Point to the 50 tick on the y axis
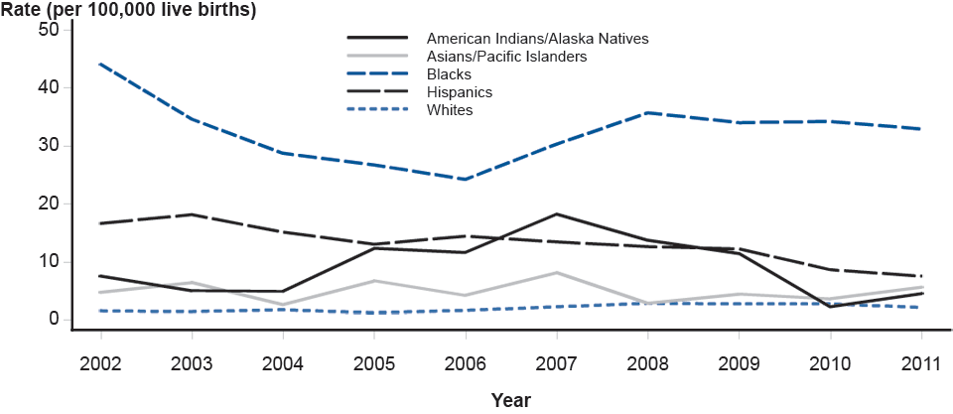[x=48, y=30]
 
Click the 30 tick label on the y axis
[x=48, y=146]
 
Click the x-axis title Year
[x=510, y=400]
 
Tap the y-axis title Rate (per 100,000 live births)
[x=129, y=11]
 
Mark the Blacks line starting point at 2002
[x=99, y=64]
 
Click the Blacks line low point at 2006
[x=465, y=180]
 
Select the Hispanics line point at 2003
[x=191, y=214]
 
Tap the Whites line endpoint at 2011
[x=921, y=307]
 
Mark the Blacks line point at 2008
[x=647, y=112]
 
